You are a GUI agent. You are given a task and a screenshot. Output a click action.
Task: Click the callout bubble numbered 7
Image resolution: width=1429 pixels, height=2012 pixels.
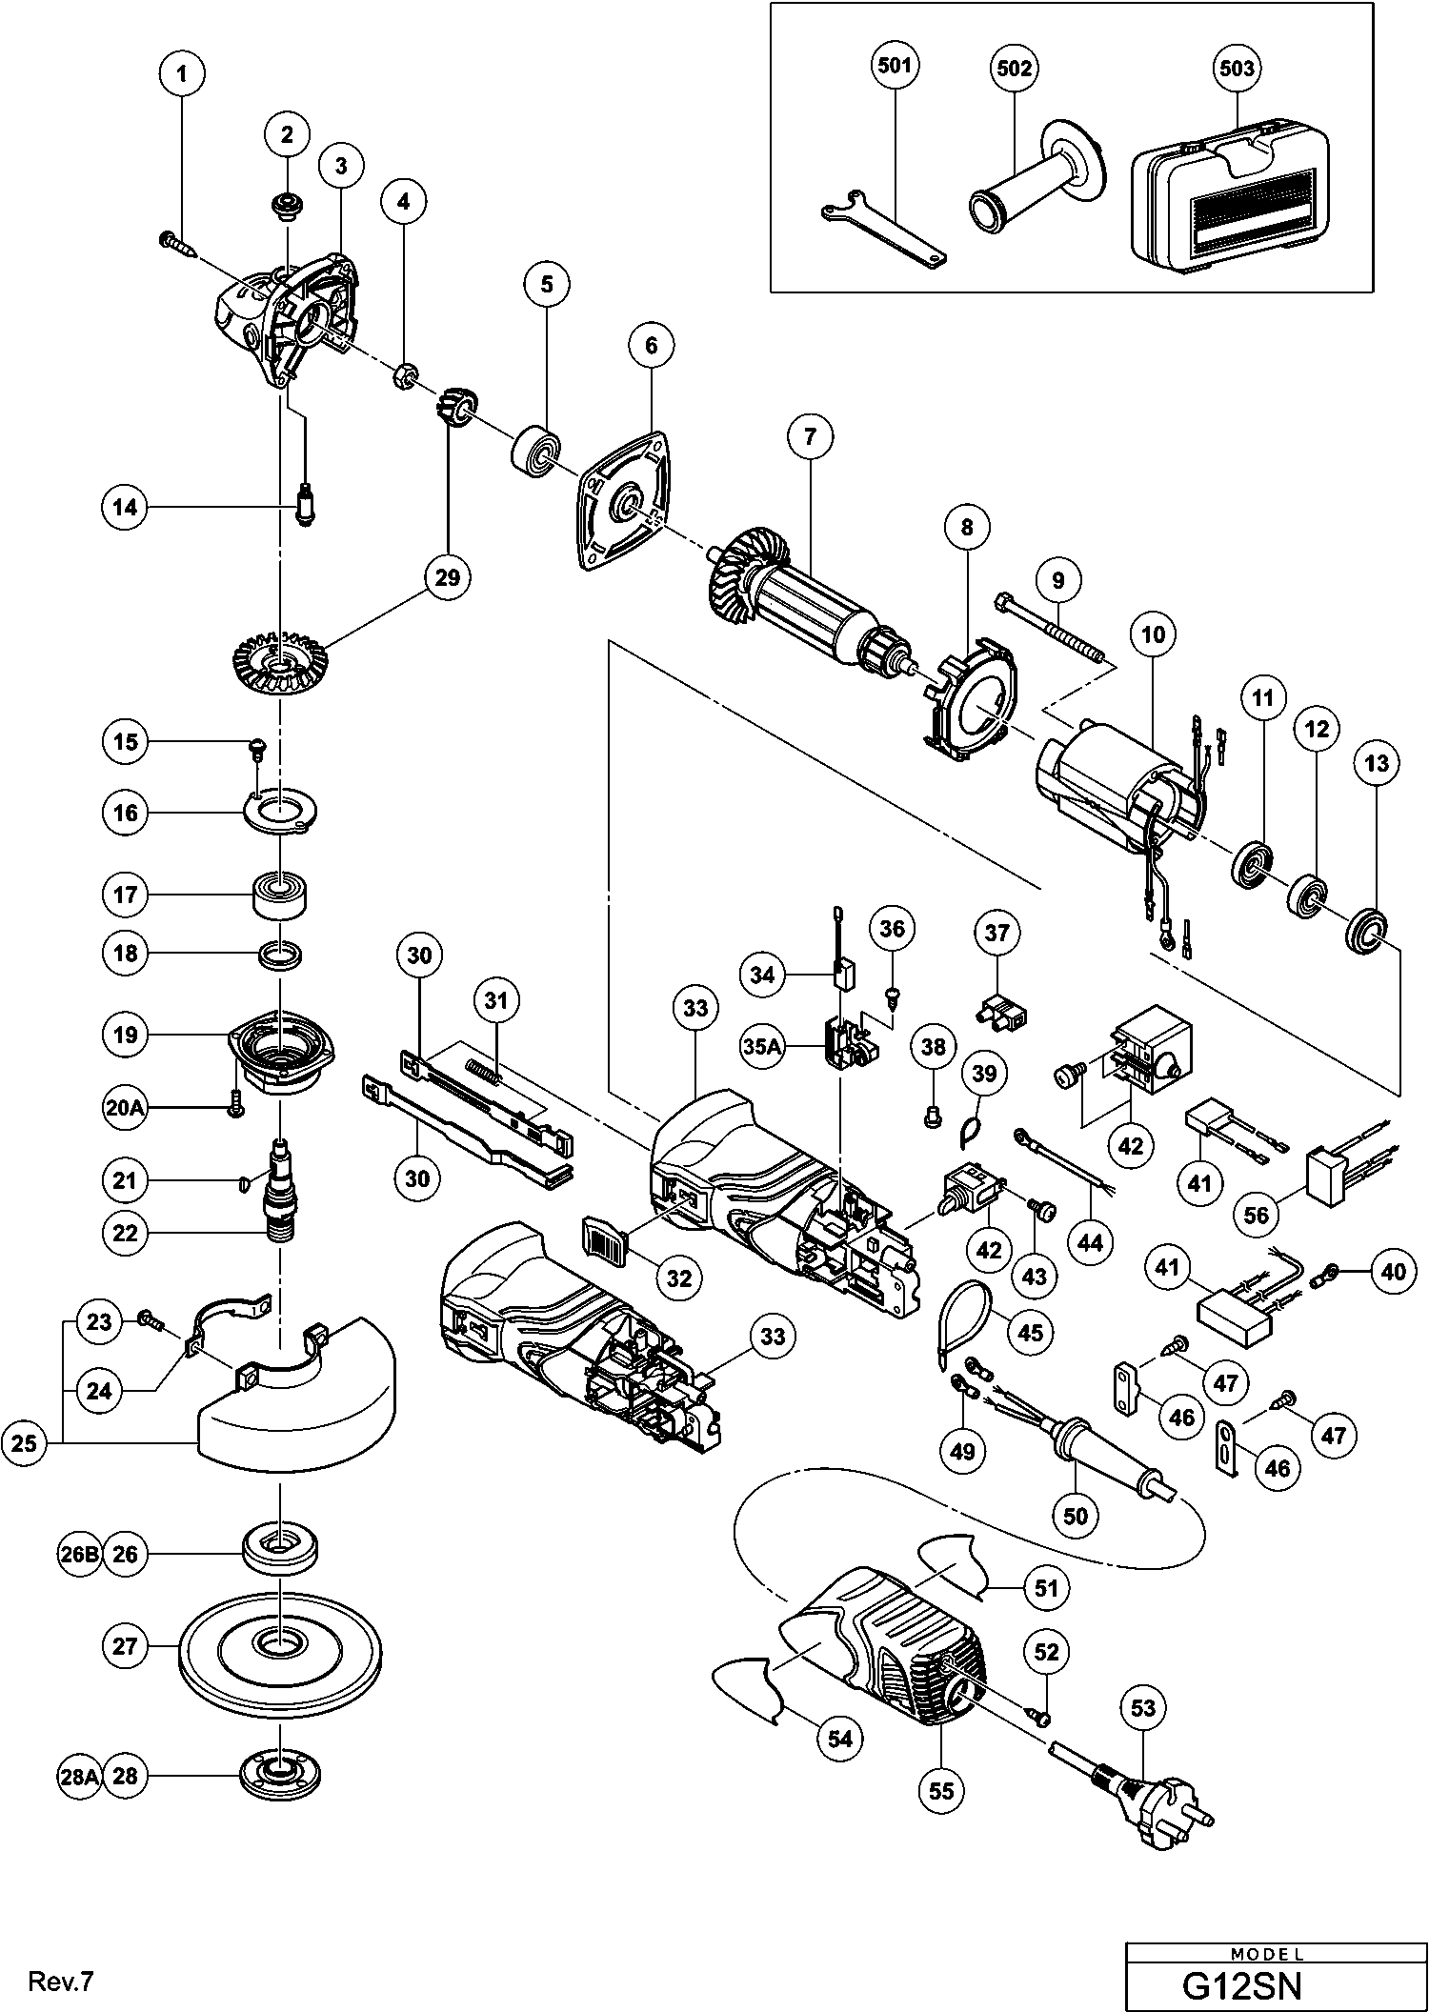tap(810, 437)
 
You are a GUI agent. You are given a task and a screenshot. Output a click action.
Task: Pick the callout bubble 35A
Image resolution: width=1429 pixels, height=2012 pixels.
tap(763, 1047)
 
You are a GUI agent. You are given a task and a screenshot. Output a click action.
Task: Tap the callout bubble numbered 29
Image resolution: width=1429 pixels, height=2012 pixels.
tap(448, 576)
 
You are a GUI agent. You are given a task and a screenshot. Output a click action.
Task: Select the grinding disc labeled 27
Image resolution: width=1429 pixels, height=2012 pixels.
tap(280, 1647)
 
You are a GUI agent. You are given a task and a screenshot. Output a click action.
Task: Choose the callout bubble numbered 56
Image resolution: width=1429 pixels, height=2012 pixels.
tap(1258, 1214)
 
